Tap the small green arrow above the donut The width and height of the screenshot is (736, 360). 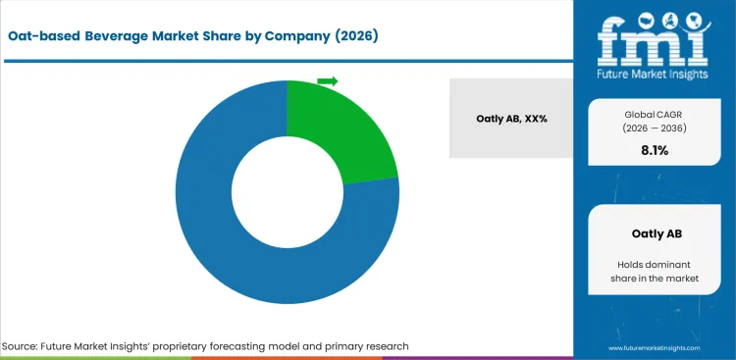328,81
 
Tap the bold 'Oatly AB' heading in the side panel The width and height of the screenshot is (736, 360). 654,233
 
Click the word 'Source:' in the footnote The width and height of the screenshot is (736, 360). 23,346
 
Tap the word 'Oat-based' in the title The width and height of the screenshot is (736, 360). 44,36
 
